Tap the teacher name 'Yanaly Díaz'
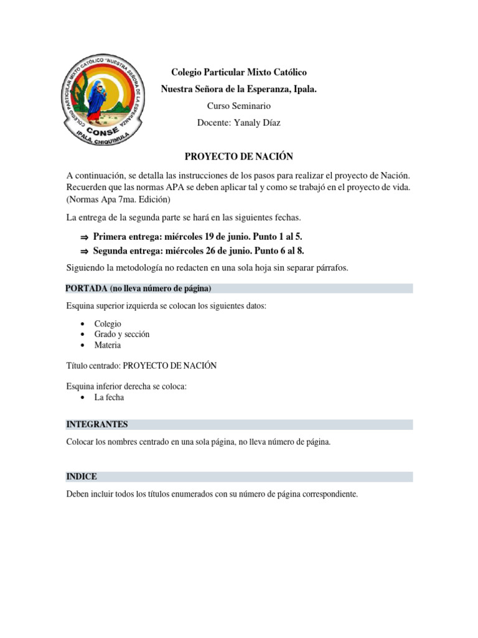point(256,123)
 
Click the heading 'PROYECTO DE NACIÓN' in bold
point(239,156)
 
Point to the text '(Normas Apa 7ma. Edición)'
point(118,199)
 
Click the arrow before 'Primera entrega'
point(84,237)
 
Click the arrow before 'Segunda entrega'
point(84,252)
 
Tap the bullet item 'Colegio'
point(108,324)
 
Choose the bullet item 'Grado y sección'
point(122,335)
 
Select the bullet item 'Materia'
point(108,345)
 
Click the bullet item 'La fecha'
point(110,398)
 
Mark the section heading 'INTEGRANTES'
point(96,424)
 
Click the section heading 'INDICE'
point(82,477)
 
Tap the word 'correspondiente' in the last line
point(328,494)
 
